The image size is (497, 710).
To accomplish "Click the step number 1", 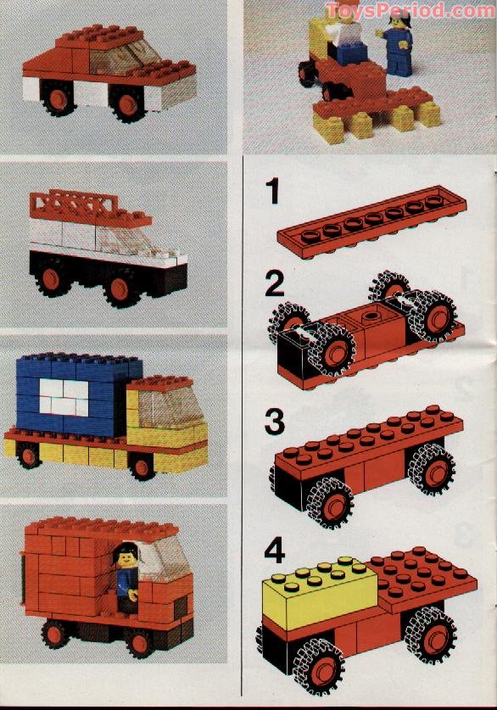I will pyautogui.click(x=271, y=193).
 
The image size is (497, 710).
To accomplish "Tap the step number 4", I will pyautogui.click(x=274, y=554).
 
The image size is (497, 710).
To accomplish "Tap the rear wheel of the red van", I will pyautogui.click(x=57, y=635).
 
